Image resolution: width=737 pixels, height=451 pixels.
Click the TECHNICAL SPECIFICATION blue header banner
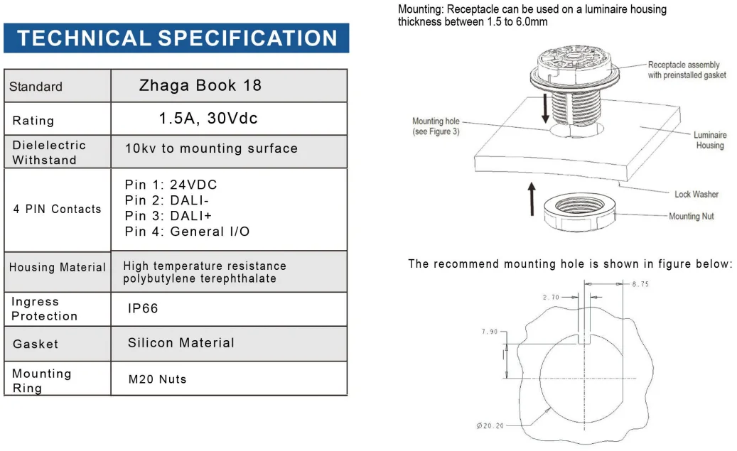point(176,38)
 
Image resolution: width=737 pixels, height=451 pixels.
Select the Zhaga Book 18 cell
point(200,86)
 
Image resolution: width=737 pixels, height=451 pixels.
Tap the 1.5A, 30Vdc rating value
point(208,119)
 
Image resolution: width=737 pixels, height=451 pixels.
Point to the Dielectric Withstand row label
point(48,153)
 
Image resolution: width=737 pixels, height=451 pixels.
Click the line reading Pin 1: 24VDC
point(171,185)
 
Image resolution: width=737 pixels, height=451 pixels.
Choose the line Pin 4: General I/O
point(187,232)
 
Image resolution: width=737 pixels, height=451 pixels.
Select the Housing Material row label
point(57,268)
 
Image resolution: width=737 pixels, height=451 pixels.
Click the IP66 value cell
point(143,309)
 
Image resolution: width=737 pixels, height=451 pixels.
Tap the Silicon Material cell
point(181,343)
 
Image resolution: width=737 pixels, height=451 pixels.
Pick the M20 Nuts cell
point(157,379)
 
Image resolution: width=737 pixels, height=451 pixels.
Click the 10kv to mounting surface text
point(211,148)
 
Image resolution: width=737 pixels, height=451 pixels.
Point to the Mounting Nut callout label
point(691,217)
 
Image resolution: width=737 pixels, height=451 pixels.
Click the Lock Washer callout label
point(696,195)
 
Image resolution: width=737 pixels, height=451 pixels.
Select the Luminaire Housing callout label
point(709,140)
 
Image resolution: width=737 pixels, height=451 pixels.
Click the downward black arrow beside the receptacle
point(545,107)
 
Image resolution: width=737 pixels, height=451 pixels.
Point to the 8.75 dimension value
point(640,284)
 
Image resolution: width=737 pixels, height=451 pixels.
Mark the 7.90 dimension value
point(490,332)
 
